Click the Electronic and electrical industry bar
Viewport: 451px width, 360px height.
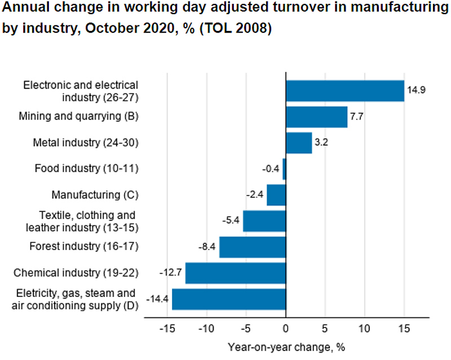(345, 91)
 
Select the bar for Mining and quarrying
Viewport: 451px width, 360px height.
(316, 117)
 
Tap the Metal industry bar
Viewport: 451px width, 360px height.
(299, 143)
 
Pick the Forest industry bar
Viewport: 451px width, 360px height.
(253, 247)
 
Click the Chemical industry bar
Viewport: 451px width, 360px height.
(236, 273)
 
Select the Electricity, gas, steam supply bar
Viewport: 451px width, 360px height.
(229, 299)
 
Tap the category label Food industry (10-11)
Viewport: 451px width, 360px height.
(86, 168)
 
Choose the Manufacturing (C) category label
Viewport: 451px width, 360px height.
(95, 195)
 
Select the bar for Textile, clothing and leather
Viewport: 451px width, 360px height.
(264, 221)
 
